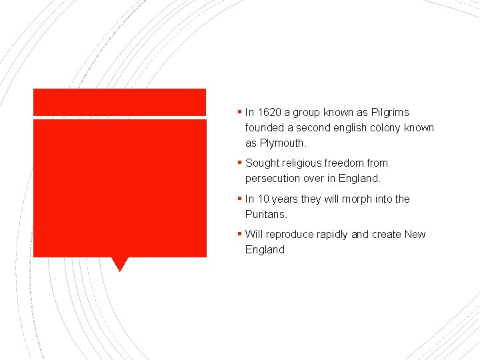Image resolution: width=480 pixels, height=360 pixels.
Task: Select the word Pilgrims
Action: click(x=390, y=113)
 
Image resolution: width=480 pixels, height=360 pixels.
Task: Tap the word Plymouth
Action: click(x=283, y=143)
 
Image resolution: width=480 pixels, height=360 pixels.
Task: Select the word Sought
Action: click(x=262, y=163)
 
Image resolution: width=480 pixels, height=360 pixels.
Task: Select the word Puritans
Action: click(x=266, y=215)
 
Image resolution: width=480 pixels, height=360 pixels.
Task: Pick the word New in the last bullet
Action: click(x=415, y=235)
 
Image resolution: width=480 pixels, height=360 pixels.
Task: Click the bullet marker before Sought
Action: click(x=239, y=163)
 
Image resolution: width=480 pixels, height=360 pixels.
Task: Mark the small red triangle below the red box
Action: click(x=119, y=264)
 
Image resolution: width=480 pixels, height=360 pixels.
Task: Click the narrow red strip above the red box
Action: click(x=119, y=102)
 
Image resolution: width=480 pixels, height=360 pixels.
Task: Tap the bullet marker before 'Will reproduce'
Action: click(x=239, y=234)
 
